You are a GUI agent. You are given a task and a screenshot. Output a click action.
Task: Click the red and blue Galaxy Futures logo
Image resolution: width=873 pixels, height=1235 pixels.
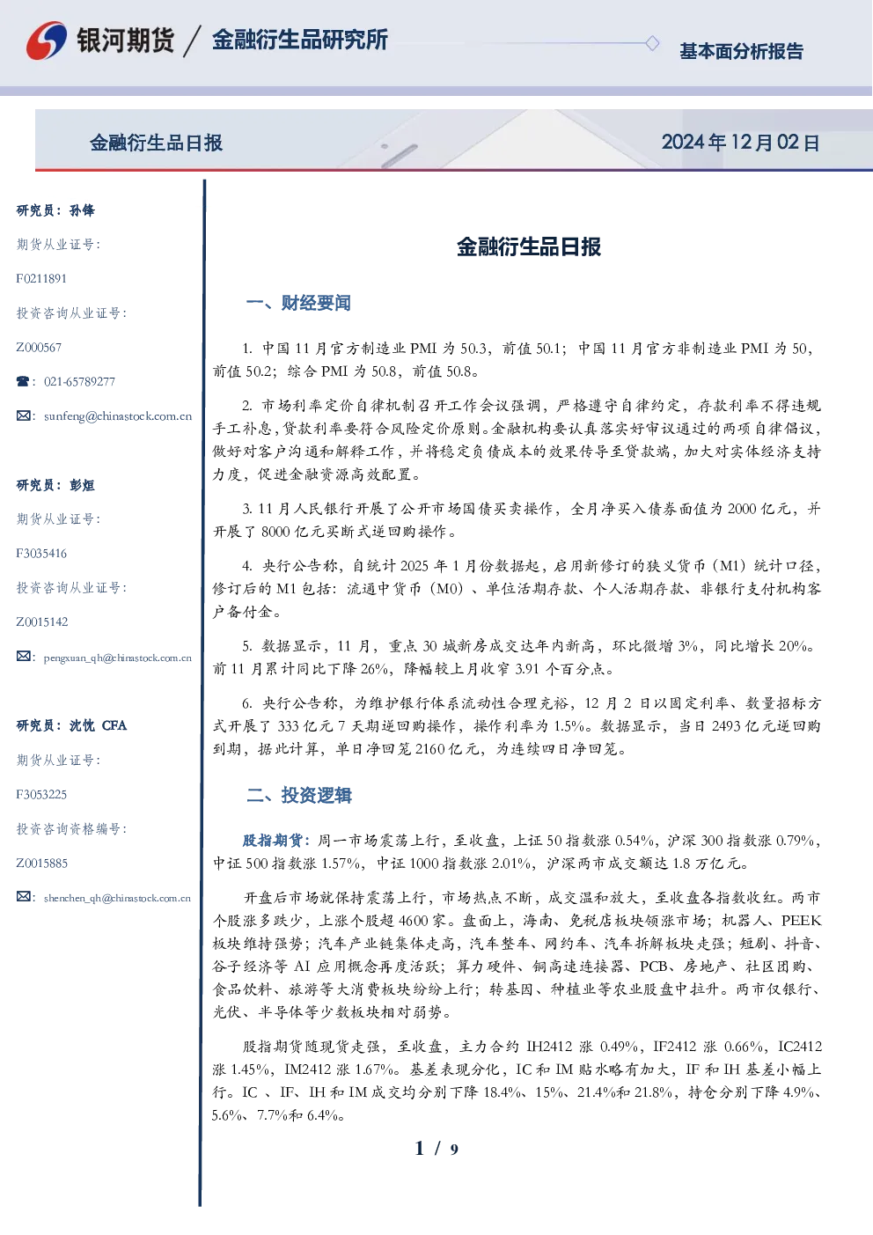tap(47, 40)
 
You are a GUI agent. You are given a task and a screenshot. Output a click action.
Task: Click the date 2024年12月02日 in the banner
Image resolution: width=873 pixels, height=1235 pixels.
tap(740, 143)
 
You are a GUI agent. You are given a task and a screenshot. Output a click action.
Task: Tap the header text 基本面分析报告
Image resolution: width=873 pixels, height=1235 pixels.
tap(741, 51)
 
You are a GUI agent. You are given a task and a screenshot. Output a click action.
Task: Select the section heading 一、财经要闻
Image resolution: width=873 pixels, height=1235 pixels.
tap(298, 303)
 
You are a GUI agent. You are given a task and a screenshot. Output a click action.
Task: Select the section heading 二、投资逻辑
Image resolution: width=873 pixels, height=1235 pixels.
tap(298, 795)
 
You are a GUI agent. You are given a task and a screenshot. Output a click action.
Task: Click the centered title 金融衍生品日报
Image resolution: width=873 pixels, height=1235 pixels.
tap(529, 246)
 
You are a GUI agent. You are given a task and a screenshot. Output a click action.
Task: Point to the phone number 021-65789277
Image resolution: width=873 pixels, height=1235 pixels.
tap(79, 381)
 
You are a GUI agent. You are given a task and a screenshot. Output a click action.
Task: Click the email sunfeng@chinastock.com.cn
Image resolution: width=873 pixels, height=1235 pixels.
tap(118, 416)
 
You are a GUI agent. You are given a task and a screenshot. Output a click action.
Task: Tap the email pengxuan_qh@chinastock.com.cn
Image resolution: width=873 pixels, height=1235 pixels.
tap(117, 658)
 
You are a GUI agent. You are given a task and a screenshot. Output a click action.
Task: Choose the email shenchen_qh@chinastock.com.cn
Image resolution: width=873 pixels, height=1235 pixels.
tap(117, 898)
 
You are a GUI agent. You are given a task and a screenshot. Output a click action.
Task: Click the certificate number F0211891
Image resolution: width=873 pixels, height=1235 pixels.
tap(41, 278)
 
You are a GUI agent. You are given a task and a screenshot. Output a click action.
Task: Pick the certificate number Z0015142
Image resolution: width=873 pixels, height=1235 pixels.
tap(42, 622)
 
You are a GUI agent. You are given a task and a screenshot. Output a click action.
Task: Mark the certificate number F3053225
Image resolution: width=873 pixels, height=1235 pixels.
tap(41, 795)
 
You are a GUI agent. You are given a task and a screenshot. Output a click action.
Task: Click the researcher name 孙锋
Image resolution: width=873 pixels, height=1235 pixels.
tap(82, 210)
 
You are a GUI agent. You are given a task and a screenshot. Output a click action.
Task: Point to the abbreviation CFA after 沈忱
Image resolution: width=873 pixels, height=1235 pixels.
tap(114, 725)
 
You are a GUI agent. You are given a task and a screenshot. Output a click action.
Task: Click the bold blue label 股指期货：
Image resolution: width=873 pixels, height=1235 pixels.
tap(280, 841)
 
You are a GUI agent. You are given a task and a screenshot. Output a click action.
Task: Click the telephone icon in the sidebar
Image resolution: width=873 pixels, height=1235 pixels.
tap(23, 381)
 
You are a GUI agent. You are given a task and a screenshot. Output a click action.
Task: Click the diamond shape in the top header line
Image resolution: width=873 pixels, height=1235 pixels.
tap(652, 43)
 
